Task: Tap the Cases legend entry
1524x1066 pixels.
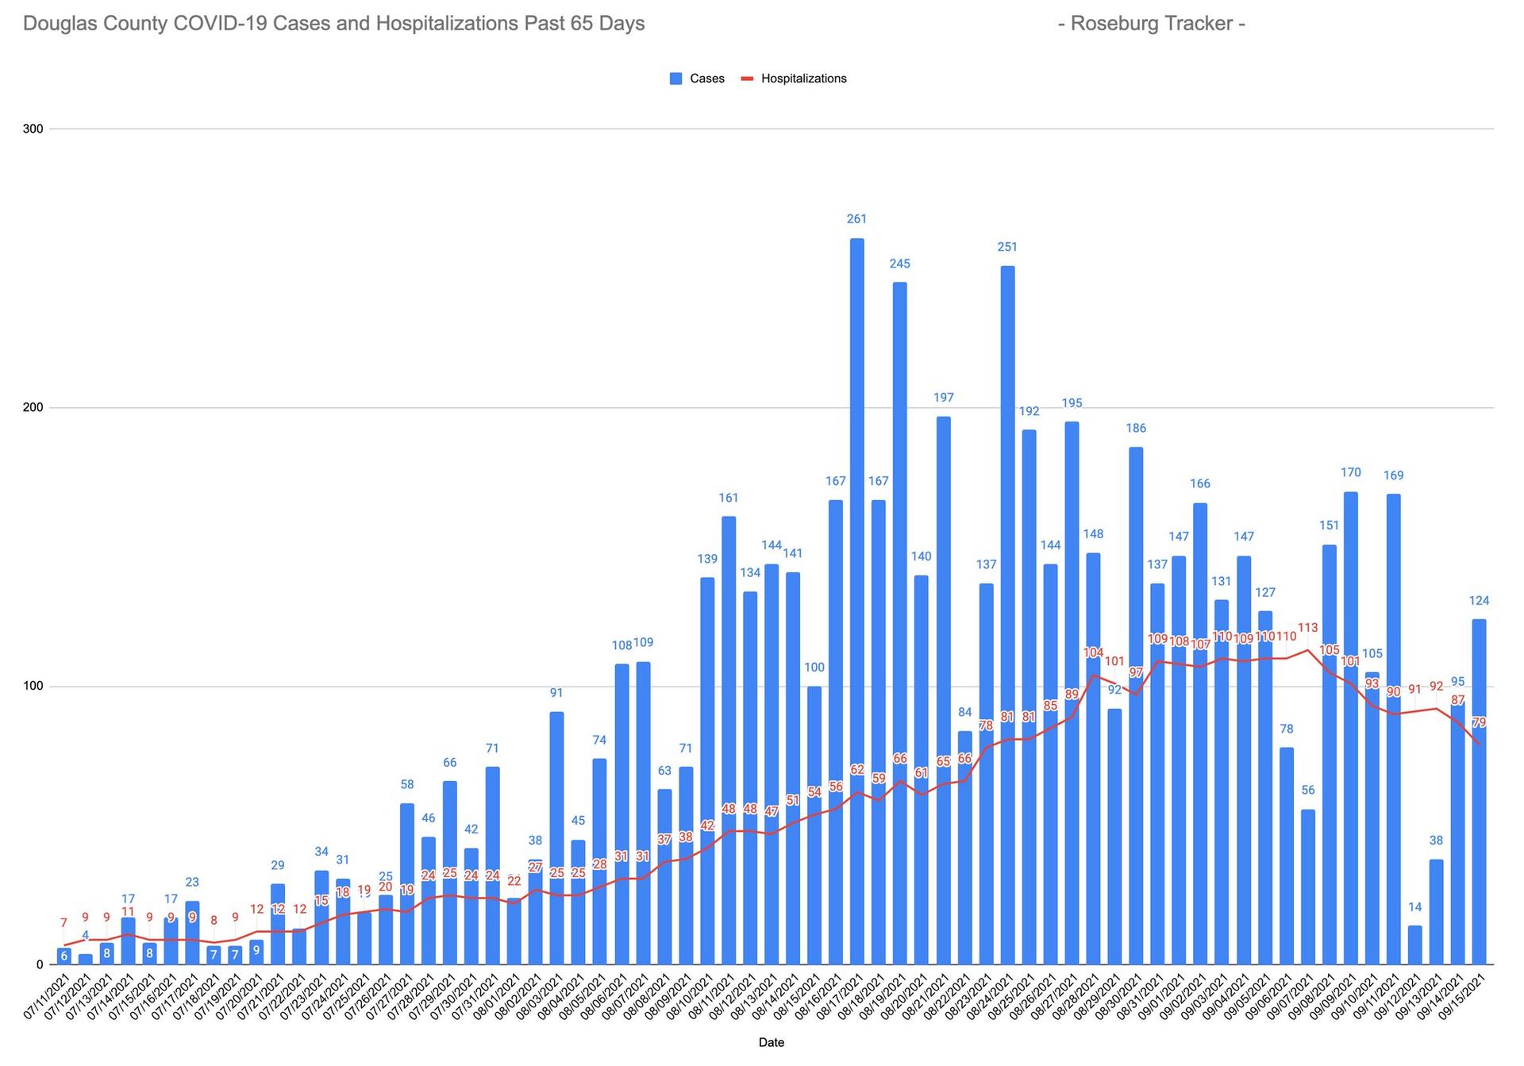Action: tap(697, 79)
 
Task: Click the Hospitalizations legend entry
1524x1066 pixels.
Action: tap(794, 79)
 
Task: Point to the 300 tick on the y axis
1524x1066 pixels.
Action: tap(36, 129)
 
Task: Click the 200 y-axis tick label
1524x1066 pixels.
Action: tap(36, 407)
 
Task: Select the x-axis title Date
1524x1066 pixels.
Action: tap(771, 1043)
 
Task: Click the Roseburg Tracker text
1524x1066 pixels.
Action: tap(1151, 24)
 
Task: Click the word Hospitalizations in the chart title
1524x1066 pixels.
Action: tap(445, 24)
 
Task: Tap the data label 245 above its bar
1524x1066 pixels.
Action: tap(899, 264)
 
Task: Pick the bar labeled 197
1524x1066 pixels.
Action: tap(943, 691)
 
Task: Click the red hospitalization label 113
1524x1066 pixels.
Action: tap(1307, 626)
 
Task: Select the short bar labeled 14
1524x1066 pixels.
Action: tap(1414, 945)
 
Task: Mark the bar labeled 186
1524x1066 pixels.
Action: tap(1136, 706)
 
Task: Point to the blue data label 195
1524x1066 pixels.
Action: tap(1072, 403)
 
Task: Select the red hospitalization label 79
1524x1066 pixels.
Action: tap(1479, 722)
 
